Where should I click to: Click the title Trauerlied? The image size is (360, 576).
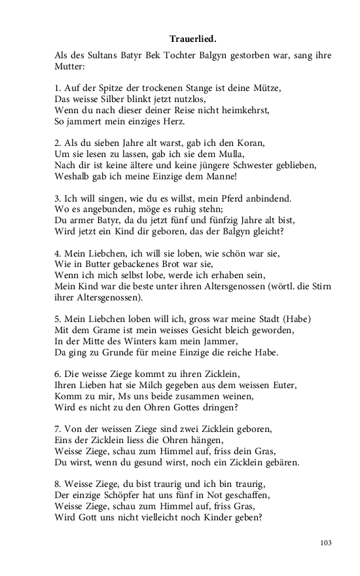193,39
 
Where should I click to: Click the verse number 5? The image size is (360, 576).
58,320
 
